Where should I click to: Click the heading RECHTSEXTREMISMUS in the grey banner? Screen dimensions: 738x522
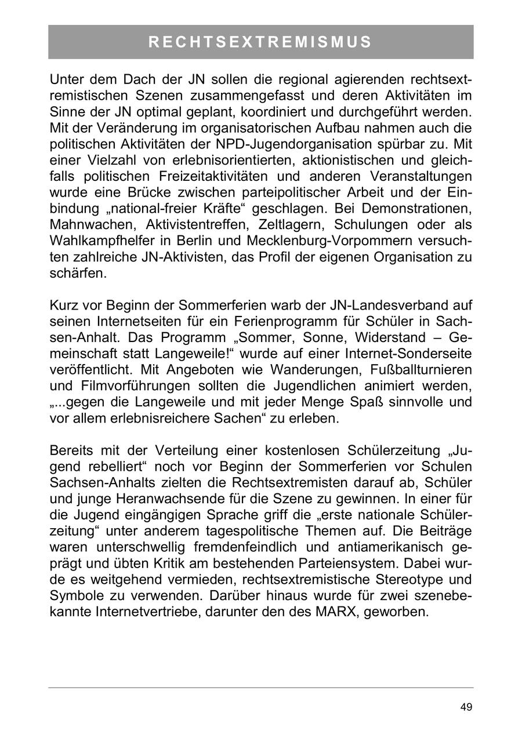pyautogui.click(x=260, y=42)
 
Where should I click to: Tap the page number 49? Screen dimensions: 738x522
pyautogui.click(x=466, y=707)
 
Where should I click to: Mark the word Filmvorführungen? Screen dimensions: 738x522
pyautogui.click(x=127, y=386)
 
